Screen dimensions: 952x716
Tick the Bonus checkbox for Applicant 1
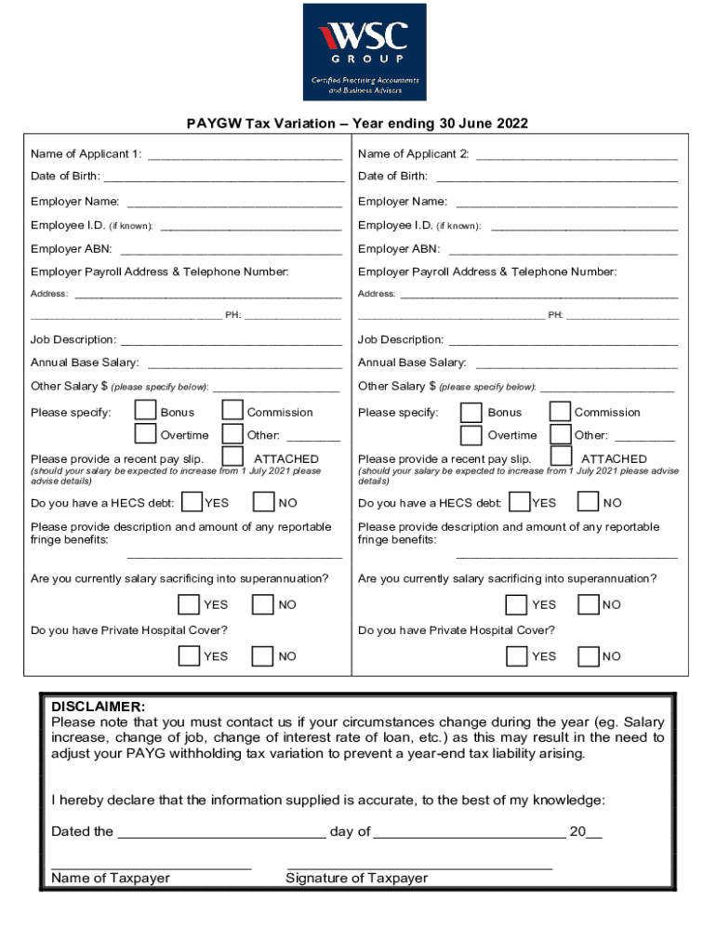click(145, 411)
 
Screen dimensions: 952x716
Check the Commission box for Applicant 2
click(560, 411)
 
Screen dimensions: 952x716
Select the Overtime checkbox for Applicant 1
click(145, 434)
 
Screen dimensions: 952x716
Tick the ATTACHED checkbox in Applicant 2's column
click(561, 456)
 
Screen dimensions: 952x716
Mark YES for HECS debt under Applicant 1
click(192, 502)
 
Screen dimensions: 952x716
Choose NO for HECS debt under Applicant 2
click(588, 502)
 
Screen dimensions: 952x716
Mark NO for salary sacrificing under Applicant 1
click(264, 604)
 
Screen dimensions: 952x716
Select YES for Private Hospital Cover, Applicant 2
click(516, 656)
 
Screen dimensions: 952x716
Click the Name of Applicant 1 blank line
click(245, 155)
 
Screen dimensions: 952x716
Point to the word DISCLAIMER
click(98, 707)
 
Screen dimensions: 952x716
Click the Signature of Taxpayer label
click(357, 879)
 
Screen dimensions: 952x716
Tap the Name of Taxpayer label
click(111, 879)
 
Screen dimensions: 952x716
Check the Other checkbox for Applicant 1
click(232, 434)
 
